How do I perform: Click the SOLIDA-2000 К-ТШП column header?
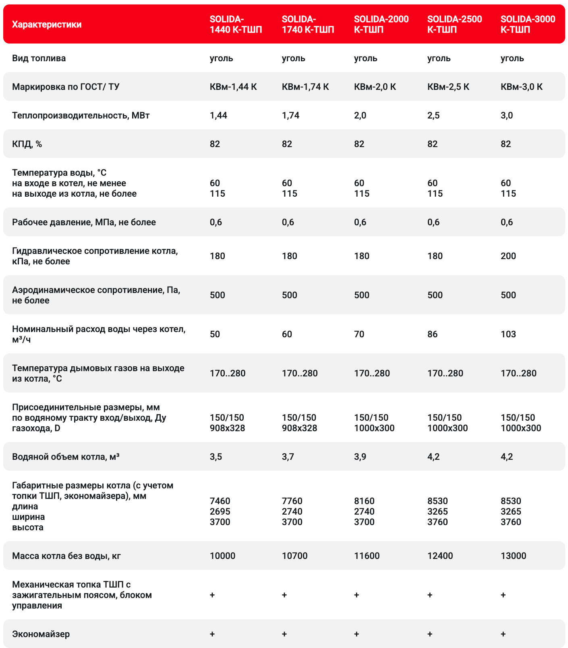tap(381, 24)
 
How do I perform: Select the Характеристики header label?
tap(47, 25)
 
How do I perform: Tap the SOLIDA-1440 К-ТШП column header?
tap(236, 24)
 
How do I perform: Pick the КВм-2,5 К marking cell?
tap(448, 87)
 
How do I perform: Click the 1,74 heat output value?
tap(290, 116)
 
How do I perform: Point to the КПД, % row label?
tap(27, 144)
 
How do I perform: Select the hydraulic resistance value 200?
tap(508, 256)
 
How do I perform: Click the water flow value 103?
tap(508, 334)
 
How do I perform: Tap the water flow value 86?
tap(432, 334)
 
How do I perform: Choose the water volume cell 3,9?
tap(360, 457)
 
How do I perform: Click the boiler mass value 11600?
tap(367, 556)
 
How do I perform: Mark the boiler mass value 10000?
tap(222, 556)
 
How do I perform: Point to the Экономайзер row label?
tap(41, 634)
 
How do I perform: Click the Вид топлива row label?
tap(39, 58)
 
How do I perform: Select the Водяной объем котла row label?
tap(66, 457)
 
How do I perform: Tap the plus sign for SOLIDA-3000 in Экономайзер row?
tap(503, 634)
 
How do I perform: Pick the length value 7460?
tap(220, 501)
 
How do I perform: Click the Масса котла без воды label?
tap(66, 556)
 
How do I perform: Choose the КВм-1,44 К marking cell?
tap(233, 87)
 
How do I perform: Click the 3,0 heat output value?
tap(506, 116)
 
